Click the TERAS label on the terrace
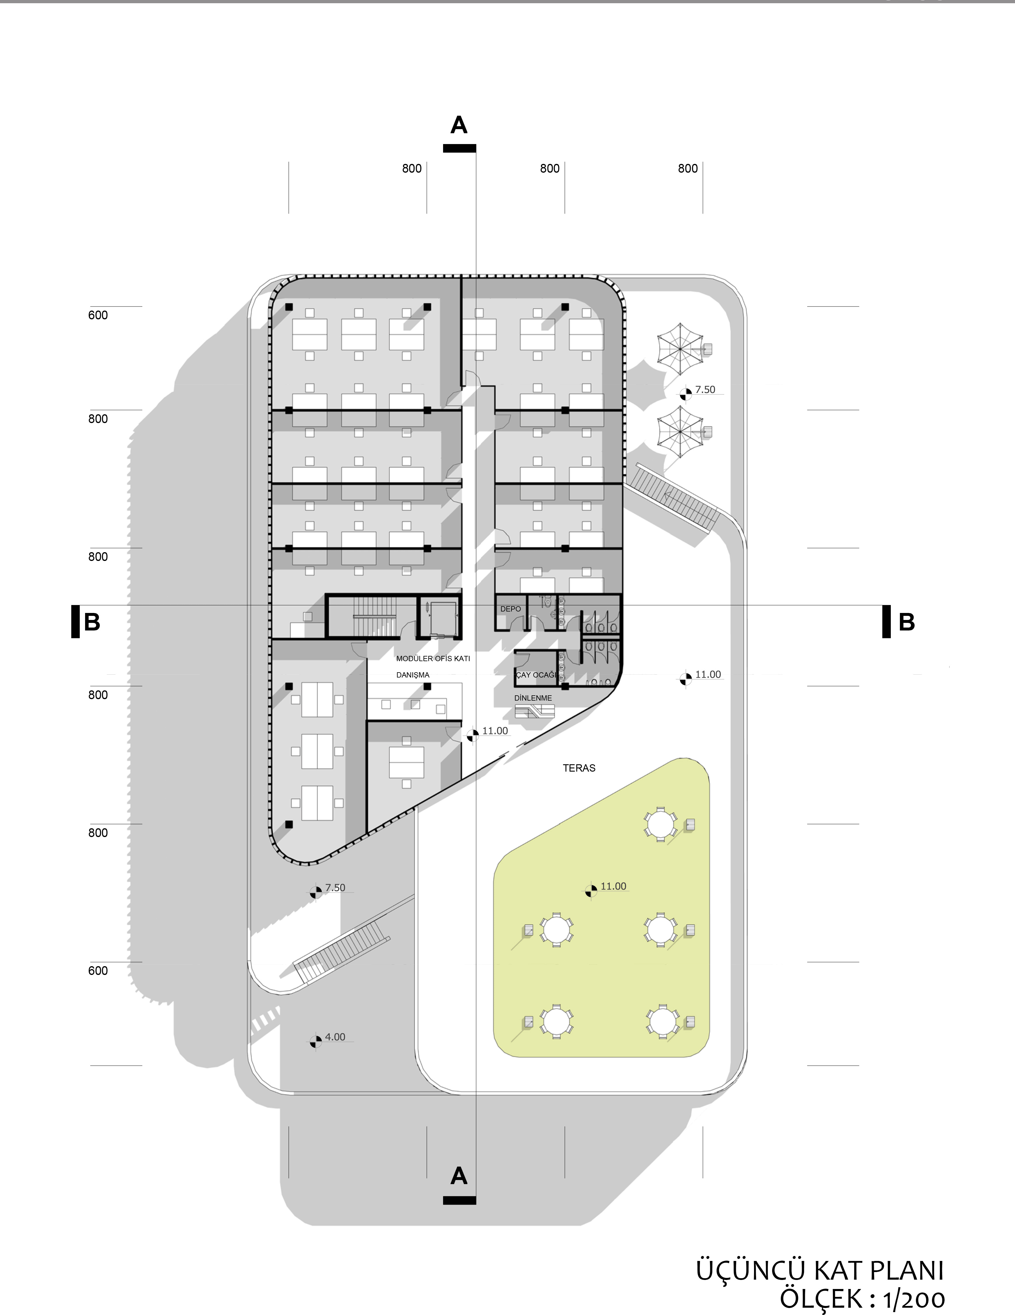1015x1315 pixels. click(579, 768)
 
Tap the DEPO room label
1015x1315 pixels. click(510, 609)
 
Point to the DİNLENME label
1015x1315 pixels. click(533, 698)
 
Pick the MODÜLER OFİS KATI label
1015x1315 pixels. click(433, 659)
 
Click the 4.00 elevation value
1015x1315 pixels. click(335, 1037)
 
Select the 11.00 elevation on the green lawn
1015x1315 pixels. click(613, 886)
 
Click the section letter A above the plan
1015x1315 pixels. click(459, 125)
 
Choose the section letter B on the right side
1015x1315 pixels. click(907, 622)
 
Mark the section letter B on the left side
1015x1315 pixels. click(92, 622)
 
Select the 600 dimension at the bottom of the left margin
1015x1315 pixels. click(98, 971)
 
